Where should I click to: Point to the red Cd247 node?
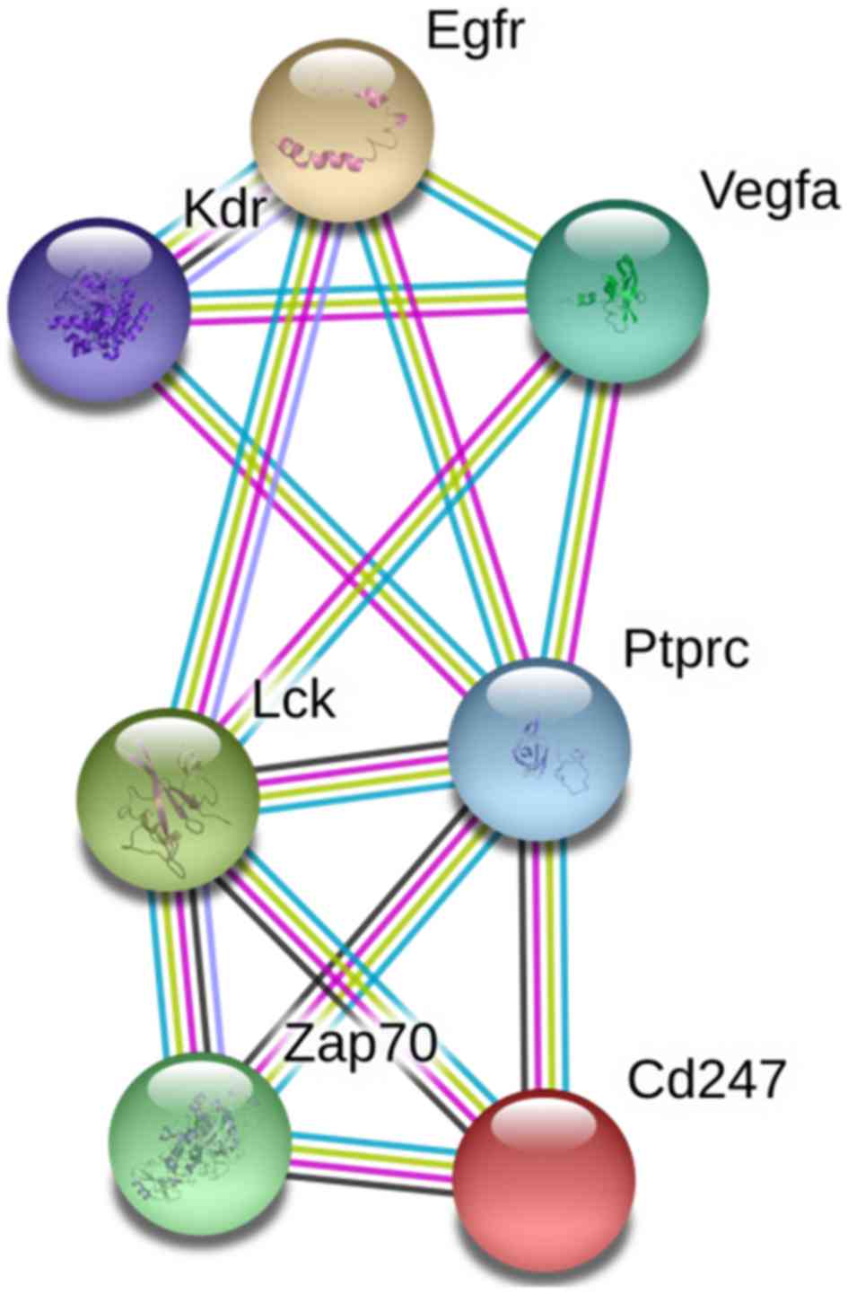coord(544,1176)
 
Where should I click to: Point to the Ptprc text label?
coord(686,650)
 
